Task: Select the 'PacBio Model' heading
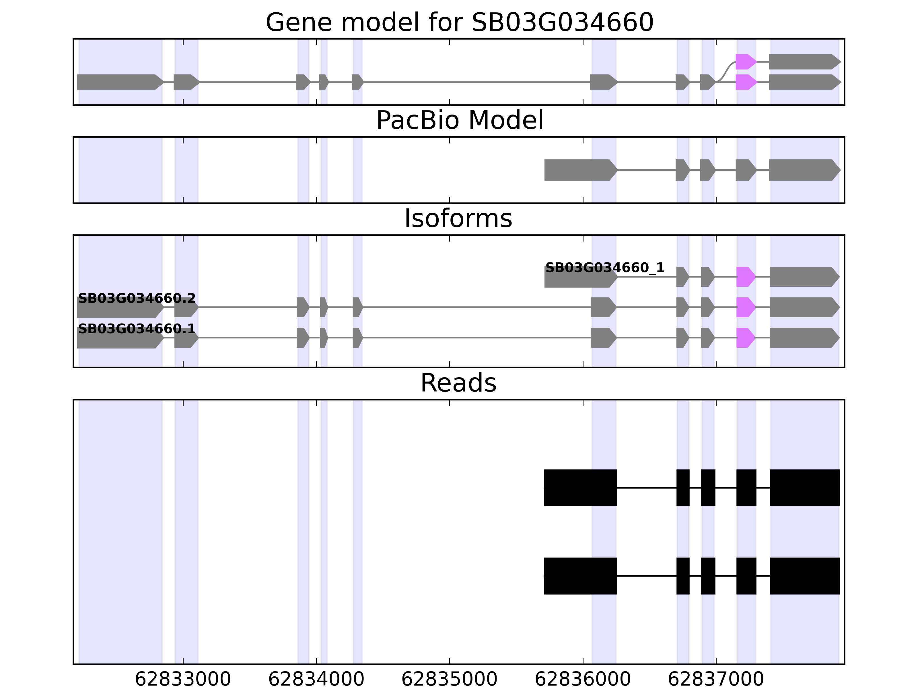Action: [x=459, y=121]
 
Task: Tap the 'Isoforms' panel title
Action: [x=458, y=218]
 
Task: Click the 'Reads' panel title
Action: [x=458, y=383]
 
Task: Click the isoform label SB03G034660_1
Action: [x=605, y=268]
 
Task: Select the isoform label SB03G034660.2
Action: [x=137, y=298]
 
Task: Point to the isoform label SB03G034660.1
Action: [x=137, y=329]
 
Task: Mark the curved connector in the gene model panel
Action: [x=726, y=72]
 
